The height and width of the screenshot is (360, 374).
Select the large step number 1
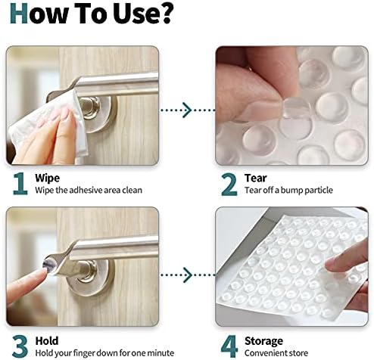[x=20, y=183]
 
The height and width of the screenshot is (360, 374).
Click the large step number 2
[x=229, y=185]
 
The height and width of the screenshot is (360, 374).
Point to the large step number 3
[x=20, y=346]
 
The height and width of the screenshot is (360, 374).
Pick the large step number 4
[x=229, y=346]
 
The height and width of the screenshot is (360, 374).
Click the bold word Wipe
[x=48, y=178]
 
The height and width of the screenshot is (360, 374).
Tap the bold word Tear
[x=255, y=178]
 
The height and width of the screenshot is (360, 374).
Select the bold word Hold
[x=47, y=341]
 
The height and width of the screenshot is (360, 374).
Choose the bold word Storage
[x=263, y=342]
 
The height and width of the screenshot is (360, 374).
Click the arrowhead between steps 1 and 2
[x=187, y=110]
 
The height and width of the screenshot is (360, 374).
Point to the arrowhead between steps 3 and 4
[x=187, y=275]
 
